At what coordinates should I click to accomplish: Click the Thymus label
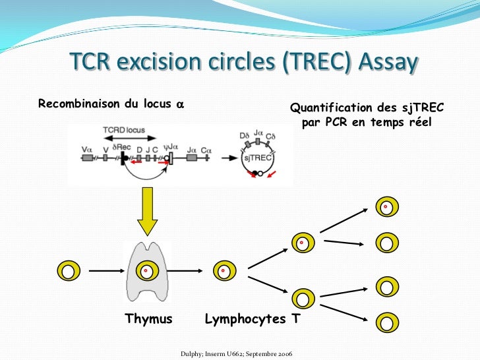coord(148,319)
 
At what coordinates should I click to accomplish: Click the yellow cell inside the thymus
coord(146,270)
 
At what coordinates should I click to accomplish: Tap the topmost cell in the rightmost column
coord(386,208)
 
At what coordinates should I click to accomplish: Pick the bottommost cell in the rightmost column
coord(386,321)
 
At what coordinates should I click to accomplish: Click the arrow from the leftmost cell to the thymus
coord(105,270)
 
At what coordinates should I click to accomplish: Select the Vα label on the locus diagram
coord(86,149)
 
